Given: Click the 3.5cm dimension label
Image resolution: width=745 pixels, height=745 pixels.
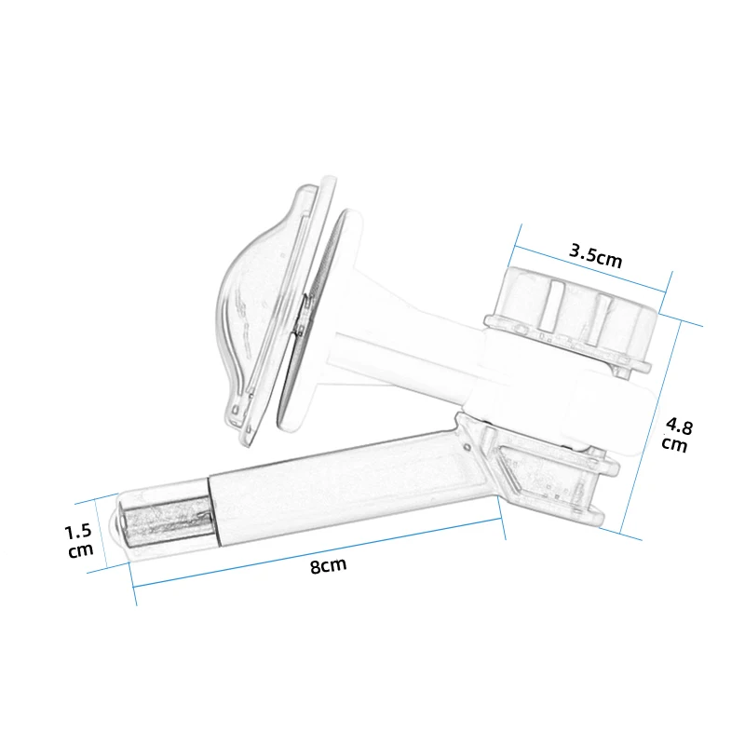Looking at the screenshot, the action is coord(595,256).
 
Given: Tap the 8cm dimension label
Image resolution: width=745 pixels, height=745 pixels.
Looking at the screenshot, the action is coord(329,565).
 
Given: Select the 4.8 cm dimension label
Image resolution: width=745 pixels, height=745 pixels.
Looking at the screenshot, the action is coord(677,434).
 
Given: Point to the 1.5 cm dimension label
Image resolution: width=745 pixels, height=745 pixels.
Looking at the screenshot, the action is coord(79,540).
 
